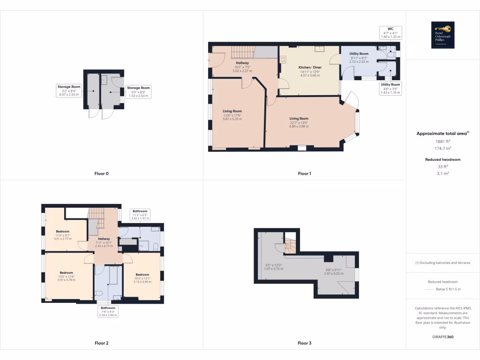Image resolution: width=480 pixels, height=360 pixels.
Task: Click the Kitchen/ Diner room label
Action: (x=309, y=67)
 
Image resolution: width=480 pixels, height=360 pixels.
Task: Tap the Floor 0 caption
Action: (x=101, y=173)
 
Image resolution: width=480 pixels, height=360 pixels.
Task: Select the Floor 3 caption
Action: (x=304, y=343)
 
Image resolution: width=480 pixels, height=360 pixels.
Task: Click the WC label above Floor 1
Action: (x=390, y=29)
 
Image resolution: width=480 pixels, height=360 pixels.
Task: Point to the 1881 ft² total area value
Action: (x=443, y=141)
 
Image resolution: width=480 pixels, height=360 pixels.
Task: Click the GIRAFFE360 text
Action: (x=443, y=337)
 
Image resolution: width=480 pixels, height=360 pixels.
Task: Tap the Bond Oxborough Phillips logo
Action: (x=443, y=35)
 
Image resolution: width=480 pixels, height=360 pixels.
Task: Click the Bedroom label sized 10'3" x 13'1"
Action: (x=142, y=275)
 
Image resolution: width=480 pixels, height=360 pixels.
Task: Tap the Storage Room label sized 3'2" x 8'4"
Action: (x=69, y=87)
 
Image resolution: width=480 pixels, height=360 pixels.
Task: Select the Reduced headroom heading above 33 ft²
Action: (x=443, y=159)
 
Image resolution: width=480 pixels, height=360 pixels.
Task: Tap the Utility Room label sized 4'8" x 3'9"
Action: (x=390, y=84)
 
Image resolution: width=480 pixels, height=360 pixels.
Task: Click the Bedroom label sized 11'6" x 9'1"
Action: (x=63, y=232)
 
